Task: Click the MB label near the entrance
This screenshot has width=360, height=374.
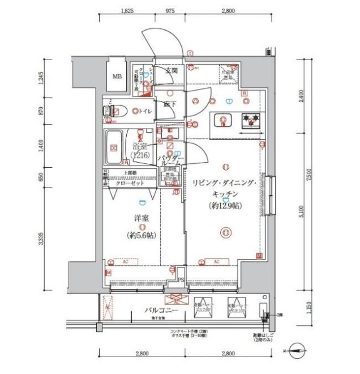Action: pos(117,76)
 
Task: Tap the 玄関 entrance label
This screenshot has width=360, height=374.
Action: pos(172,71)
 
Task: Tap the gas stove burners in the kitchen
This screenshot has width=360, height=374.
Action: pos(250,121)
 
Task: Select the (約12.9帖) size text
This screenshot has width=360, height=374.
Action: pos(225,206)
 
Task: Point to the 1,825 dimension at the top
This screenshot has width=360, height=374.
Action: pos(127,10)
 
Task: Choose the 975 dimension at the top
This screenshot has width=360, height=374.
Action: pos(170,10)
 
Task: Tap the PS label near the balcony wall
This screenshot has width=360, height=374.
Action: pos(181,278)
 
